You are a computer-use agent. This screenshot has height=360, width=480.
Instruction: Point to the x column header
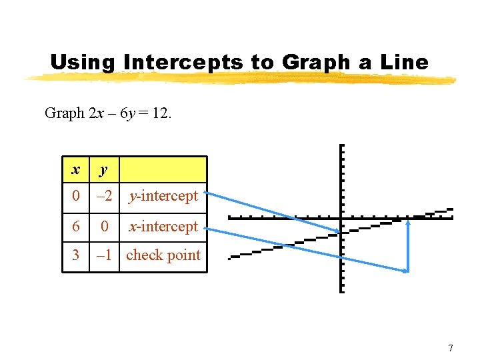[x=76, y=170]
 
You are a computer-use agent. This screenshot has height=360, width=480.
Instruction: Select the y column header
[x=103, y=170]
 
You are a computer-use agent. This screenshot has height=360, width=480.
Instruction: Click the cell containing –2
[x=103, y=197]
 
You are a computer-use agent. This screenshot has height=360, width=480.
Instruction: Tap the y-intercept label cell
[x=163, y=197]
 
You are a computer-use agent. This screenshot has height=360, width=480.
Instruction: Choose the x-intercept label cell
[x=163, y=227]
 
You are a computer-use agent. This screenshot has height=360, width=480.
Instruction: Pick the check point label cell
[x=163, y=255]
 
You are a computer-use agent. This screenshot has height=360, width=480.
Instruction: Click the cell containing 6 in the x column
[x=76, y=227]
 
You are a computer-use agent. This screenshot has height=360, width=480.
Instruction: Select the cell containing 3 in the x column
[x=76, y=255]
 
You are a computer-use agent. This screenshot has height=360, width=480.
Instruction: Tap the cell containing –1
[x=103, y=255]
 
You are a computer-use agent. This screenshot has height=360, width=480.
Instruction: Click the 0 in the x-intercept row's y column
[x=103, y=227]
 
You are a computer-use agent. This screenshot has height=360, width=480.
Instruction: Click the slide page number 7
[x=451, y=348]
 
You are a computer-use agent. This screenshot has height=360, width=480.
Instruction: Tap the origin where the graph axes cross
[x=341, y=218]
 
